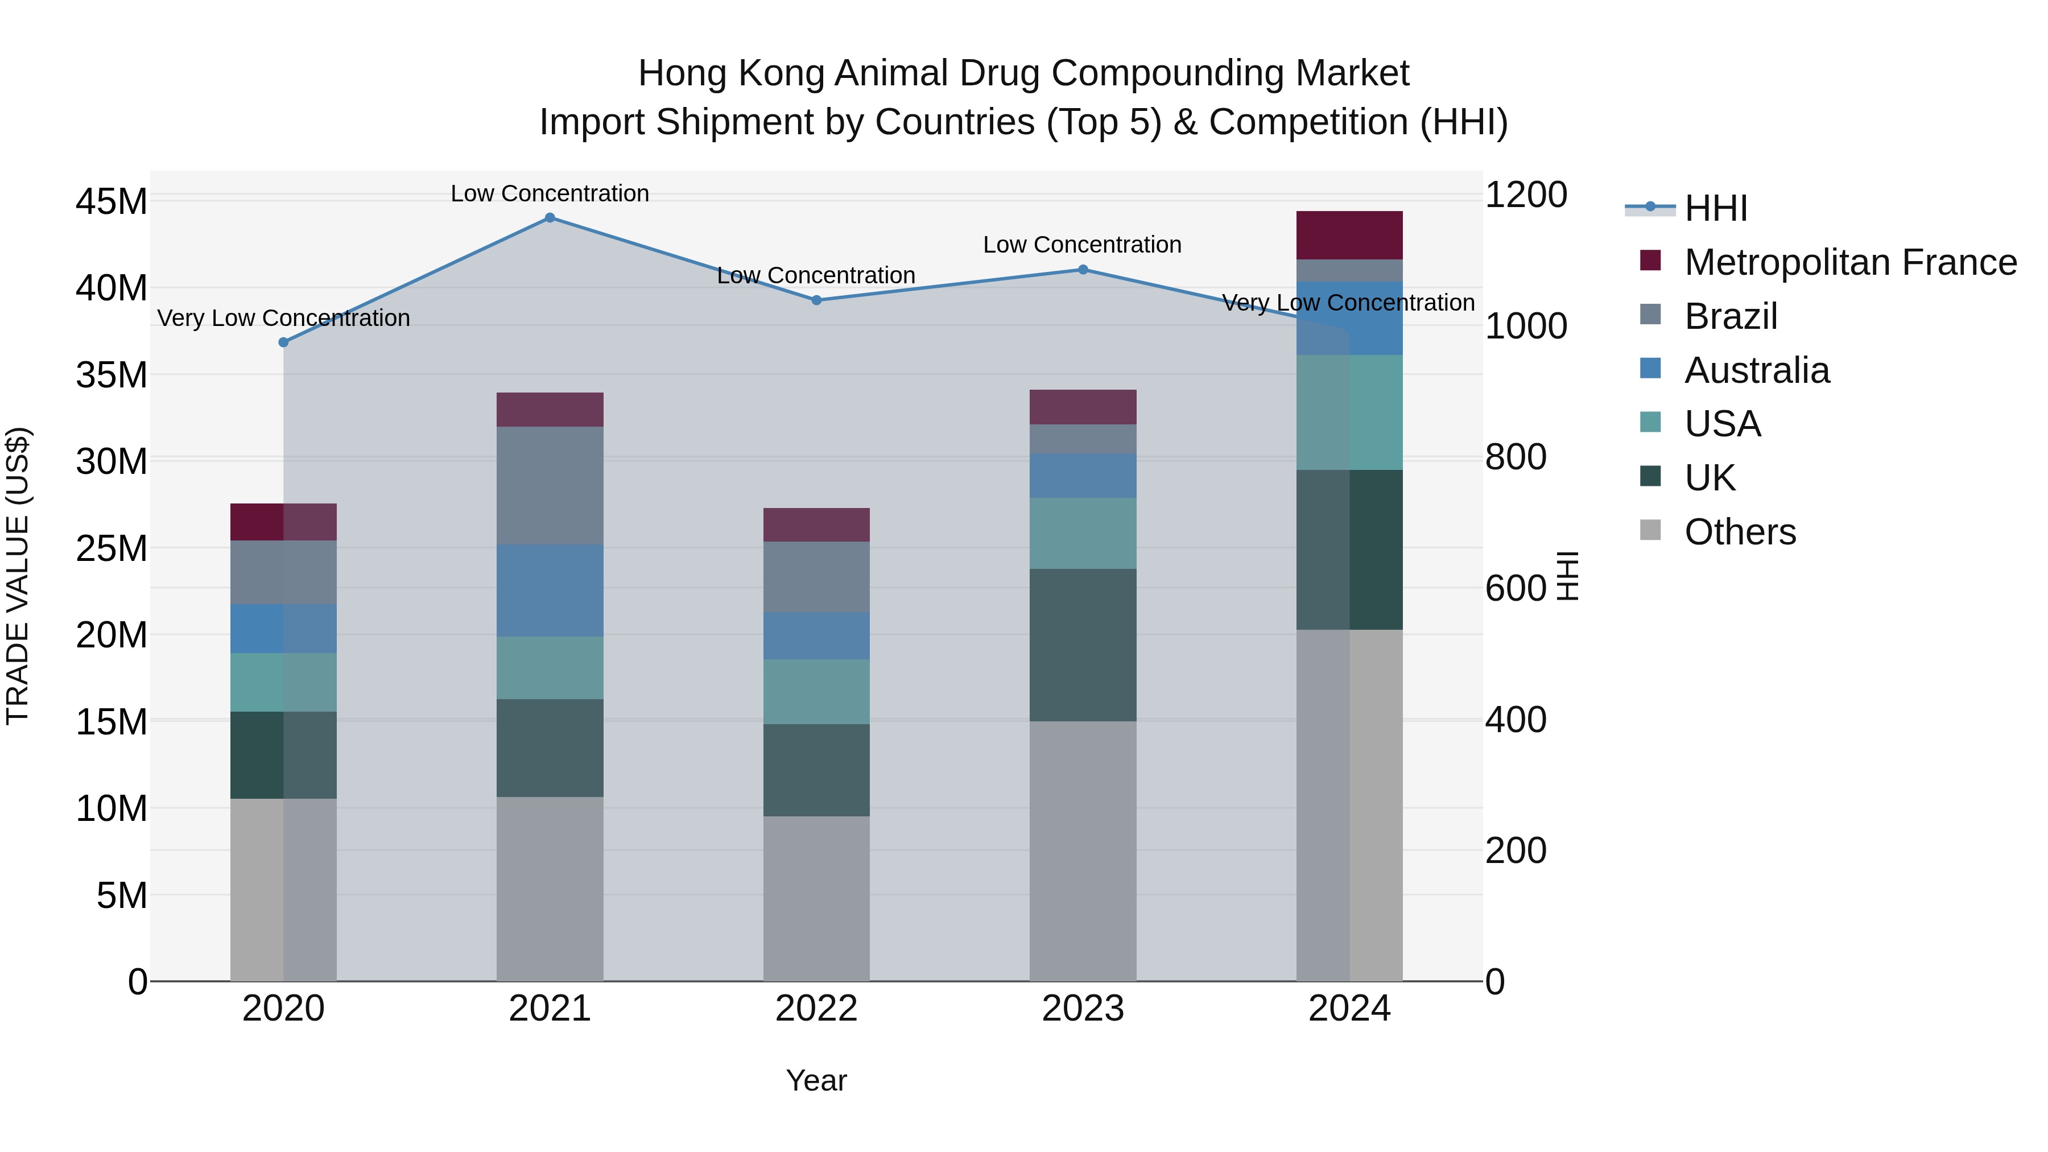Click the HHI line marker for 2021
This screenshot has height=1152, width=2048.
[550, 217]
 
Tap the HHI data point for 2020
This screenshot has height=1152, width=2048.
[283, 342]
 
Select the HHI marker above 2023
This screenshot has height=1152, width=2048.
[1082, 270]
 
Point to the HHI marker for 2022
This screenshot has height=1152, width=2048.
[816, 300]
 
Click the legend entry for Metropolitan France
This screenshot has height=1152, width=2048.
[1850, 262]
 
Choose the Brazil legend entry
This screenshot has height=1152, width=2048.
[1730, 316]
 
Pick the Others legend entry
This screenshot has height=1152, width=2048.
[1740, 532]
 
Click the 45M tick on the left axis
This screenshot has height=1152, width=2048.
[112, 201]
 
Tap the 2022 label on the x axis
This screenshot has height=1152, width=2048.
[816, 1009]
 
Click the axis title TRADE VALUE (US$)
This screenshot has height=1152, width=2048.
[18, 576]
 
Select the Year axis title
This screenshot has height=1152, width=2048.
[816, 1080]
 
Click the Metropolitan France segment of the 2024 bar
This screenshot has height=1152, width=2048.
[1349, 236]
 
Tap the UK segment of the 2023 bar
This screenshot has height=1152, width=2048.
[1082, 645]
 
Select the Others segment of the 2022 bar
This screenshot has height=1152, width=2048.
[816, 898]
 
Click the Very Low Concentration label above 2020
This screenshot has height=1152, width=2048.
[283, 318]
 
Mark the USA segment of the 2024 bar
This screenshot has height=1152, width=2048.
[1349, 412]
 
